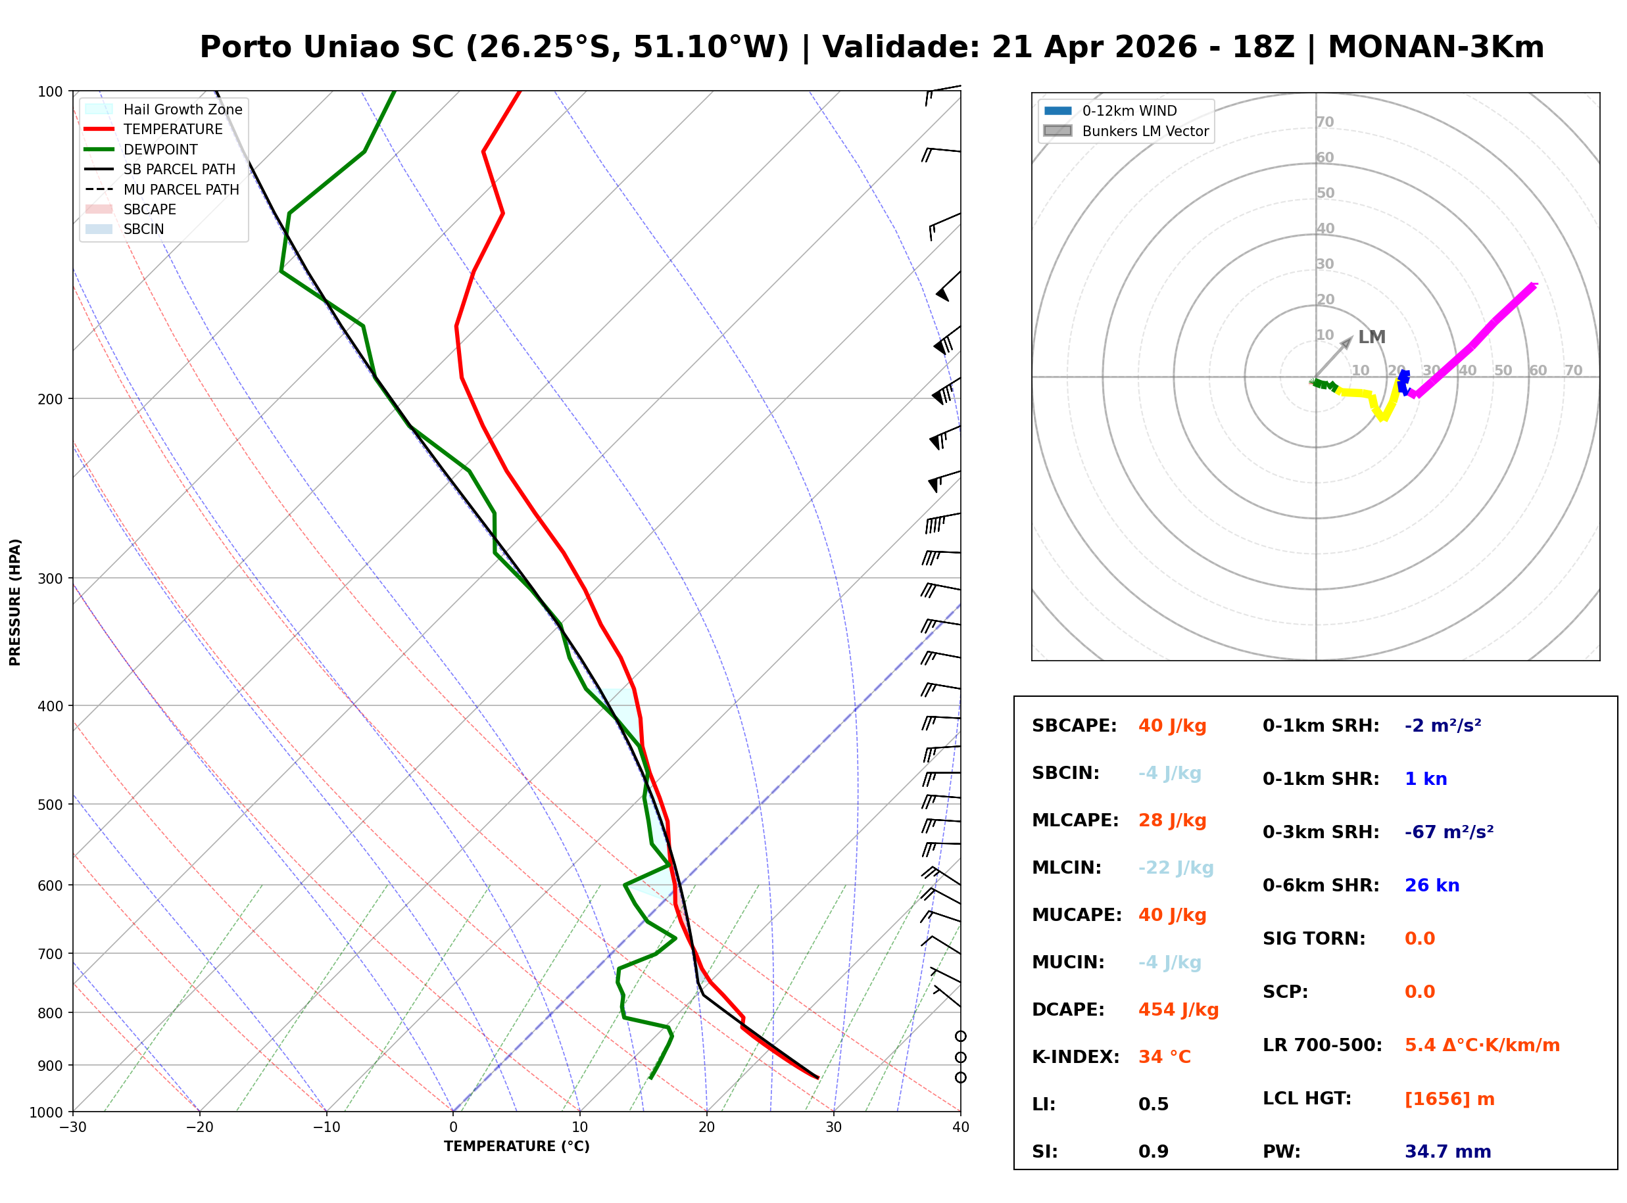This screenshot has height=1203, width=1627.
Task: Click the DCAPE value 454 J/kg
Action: click(x=1178, y=1009)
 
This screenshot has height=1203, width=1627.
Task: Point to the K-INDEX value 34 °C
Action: click(x=1164, y=1056)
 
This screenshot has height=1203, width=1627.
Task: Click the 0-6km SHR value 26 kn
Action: click(x=1431, y=885)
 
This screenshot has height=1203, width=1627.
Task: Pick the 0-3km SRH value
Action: click(x=1449, y=832)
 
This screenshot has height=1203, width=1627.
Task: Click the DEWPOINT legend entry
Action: click(x=160, y=149)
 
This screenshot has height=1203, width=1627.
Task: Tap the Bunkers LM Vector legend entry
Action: click(x=1144, y=131)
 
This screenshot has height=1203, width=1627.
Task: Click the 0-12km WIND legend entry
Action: click(x=1129, y=110)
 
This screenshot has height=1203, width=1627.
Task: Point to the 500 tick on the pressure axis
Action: click(x=49, y=805)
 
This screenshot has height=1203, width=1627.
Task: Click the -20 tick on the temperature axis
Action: click(x=199, y=1127)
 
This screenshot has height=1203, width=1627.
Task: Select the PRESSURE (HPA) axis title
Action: click(x=15, y=602)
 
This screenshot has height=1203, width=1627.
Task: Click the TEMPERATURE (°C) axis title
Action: click(x=516, y=1146)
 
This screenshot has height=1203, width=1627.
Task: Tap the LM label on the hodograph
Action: click(x=1371, y=337)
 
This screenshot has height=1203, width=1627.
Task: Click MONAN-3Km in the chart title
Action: click(x=1436, y=47)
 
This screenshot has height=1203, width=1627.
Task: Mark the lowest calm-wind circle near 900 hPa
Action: click(x=961, y=1077)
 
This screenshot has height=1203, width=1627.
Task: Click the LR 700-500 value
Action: click(x=1482, y=1045)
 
